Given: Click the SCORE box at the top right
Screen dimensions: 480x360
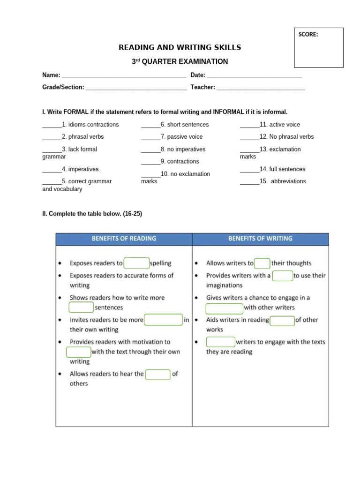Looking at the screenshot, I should click(x=318, y=47).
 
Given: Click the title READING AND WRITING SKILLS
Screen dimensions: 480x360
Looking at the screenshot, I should click(x=180, y=47).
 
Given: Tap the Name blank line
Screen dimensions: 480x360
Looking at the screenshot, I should click(x=124, y=75).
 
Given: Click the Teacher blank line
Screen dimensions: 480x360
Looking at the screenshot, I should click(x=261, y=87).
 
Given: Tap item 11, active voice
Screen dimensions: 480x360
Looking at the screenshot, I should click(x=270, y=125).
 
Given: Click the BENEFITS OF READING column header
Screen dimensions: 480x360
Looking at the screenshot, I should click(x=124, y=239).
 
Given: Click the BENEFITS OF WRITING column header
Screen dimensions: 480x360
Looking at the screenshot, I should click(x=260, y=239).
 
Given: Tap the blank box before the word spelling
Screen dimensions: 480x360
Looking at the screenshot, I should click(x=136, y=263).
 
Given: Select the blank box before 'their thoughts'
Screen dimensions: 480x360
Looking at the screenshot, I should click(x=262, y=263).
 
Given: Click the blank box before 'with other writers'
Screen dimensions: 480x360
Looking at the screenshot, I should click(x=224, y=308).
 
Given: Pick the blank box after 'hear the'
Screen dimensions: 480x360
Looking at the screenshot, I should click(x=157, y=374).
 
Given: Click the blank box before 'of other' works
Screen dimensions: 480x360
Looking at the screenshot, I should click(x=282, y=320).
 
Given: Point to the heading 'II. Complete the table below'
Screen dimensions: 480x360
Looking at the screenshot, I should click(x=92, y=214).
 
